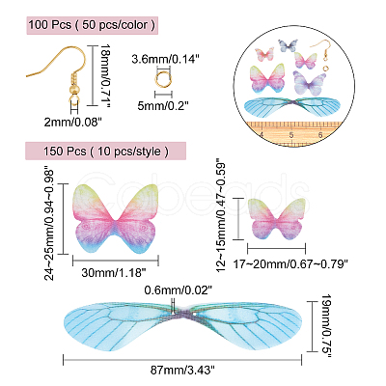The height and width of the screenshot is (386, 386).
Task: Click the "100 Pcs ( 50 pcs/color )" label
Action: coord(92,25)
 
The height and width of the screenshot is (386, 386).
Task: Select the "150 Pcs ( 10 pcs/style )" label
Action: coord(106,151)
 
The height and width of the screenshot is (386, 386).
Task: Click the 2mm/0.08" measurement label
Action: coord(73,122)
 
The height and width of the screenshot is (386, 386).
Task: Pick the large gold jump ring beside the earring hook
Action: coord(163,78)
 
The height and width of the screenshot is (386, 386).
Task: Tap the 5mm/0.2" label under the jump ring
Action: coord(162,105)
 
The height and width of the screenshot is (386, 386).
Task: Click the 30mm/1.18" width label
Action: coord(114,273)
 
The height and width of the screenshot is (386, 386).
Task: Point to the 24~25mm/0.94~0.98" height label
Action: coord(50,223)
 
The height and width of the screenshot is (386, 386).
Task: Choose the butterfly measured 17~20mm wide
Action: coord(277,219)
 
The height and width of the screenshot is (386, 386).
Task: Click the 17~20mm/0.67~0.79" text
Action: coord(290,264)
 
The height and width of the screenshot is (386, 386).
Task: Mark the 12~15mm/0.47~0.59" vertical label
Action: coord(222,215)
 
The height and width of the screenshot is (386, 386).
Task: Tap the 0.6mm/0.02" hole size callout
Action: coord(178,290)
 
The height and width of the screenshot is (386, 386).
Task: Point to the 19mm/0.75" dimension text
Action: coord(327,326)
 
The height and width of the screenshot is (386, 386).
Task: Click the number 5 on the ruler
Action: coord(291,135)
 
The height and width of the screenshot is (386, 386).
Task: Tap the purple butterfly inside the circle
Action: coord(310,83)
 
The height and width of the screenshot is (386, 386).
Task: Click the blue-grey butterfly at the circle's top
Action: coord(288,45)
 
